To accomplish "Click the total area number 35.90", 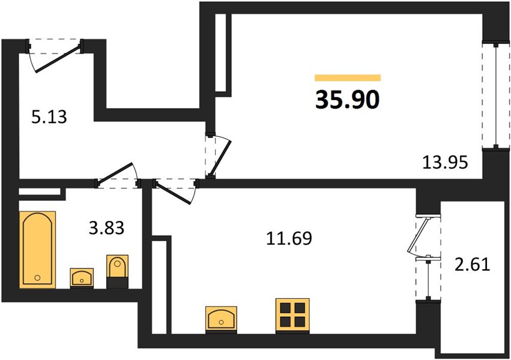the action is coord(348,100).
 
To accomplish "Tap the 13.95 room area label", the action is coord(445,162).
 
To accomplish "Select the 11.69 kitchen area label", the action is coord(289,238).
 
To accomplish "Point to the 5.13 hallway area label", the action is coord(49,117).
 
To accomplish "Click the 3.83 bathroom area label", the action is coord(106,228).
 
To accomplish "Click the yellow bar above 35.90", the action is coord(348,77).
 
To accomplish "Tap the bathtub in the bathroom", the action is coord(37,250).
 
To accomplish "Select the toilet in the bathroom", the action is coord(117,271).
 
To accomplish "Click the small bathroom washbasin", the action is coord(82,278).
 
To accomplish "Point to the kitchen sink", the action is coord(222,320).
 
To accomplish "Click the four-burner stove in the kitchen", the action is coord(292,316).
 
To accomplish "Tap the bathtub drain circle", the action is coord(37,278).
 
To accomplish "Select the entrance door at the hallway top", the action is coord(55,55).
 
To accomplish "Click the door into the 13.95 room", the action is coord(218,155).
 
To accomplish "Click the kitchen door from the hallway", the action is coord(175,191).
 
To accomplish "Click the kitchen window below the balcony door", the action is coord(428,278).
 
